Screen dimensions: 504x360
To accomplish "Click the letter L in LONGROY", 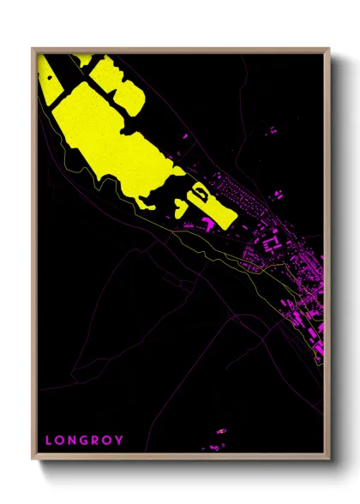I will pyautogui.click(x=48, y=441).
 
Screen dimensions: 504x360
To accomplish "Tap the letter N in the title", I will pyautogui.click(x=75, y=441).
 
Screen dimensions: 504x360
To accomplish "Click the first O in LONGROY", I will pyautogui.click(x=60, y=441).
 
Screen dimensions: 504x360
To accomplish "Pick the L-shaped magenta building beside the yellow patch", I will pyautogui.click(x=208, y=224).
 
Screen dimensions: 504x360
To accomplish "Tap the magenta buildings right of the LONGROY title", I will pyautogui.click(x=219, y=438).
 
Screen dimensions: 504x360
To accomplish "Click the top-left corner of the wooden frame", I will pyautogui.click(x=33, y=48).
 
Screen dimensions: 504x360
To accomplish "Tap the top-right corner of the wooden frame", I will pyautogui.click(x=330, y=48).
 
